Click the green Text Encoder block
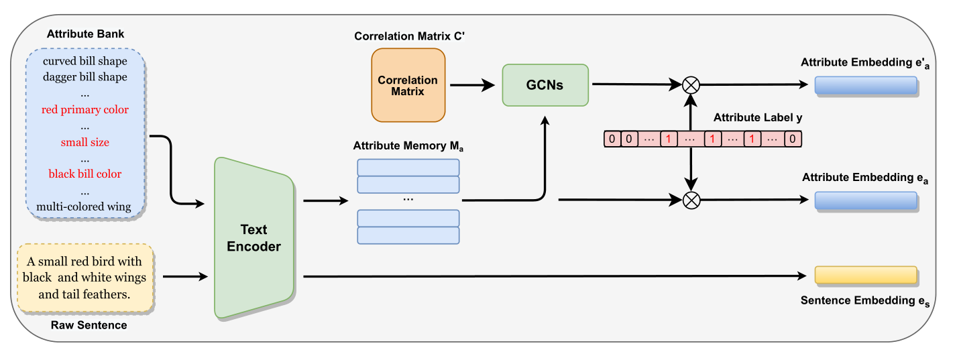254,238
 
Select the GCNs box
545,85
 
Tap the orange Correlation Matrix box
408,85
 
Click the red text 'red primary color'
85,109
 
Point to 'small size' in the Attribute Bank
85,142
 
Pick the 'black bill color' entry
85,174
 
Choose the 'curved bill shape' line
85,61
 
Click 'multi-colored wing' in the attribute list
85,206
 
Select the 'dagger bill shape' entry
85,77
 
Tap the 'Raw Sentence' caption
89,325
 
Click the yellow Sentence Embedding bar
865,276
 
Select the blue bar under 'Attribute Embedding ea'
865,200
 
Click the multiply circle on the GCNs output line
690,85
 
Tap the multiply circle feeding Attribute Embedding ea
690,200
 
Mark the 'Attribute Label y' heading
758,117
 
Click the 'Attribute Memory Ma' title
408,145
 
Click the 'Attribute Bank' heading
85,34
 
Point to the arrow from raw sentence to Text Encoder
184,276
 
